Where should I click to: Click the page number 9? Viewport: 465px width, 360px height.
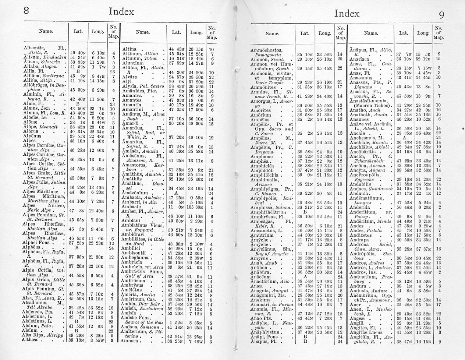pyautogui.click(x=441, y=15)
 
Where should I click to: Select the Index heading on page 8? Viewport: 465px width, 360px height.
pyautogui.click(x=121, y=11)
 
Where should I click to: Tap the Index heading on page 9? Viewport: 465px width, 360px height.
pyautogui.click(x=347, y=14)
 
